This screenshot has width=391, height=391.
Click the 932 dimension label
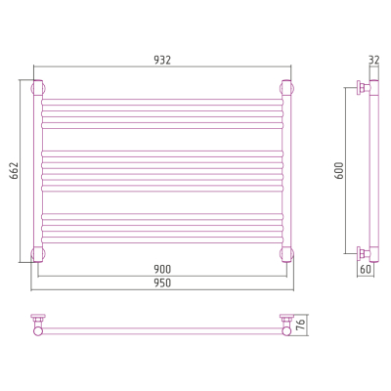162,60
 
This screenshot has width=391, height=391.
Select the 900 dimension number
162,269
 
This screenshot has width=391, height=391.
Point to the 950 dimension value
162,282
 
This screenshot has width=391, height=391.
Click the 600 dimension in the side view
339,170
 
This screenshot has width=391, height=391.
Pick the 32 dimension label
374,60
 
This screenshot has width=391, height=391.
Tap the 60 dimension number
366,269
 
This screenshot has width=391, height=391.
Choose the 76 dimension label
302,325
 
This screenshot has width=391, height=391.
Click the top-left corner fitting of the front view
38,88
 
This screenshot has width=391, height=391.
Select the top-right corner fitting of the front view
287,88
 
